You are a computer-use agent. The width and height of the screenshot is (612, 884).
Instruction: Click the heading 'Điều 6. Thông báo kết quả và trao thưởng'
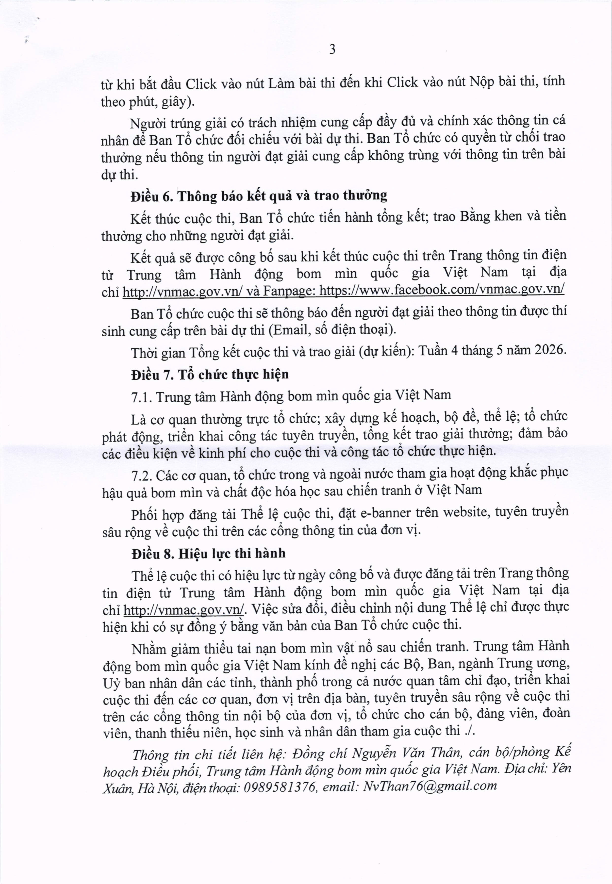click(259, 196)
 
